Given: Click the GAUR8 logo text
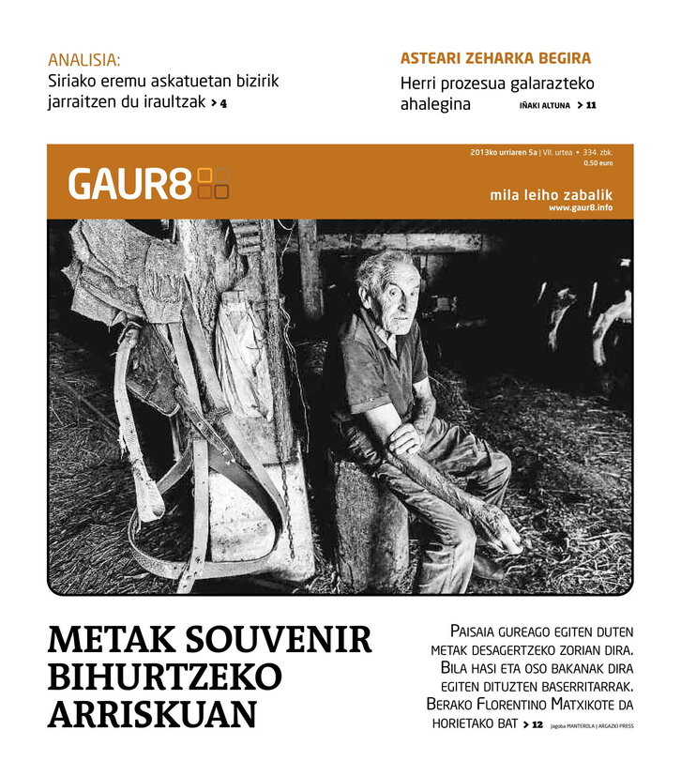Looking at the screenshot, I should coord(129,184).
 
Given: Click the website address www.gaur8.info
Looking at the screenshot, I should coord(581,207).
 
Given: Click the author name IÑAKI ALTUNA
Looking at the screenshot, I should coord(544,105).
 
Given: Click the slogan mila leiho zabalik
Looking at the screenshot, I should coord(551,194).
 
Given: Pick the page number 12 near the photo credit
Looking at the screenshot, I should coord(537,724).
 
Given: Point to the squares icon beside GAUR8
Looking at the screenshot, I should coord(214,184).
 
